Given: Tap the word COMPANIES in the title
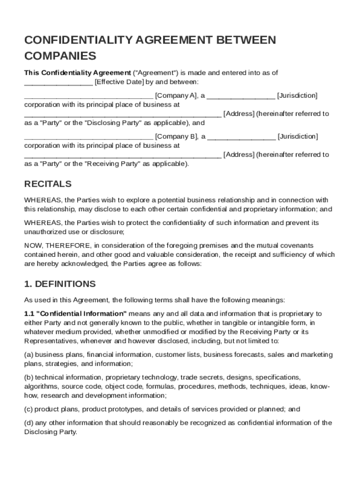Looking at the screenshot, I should point(60,56).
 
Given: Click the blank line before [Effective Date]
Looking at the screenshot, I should point(58,83).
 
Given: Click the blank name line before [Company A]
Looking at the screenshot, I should point(88,96).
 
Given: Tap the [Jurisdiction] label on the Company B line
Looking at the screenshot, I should point(297,137).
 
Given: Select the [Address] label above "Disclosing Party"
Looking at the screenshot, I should point(239,114).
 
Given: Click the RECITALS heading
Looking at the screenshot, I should point(48,184).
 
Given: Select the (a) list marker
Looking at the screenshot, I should point(29,355).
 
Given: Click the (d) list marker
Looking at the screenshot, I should point(29,423).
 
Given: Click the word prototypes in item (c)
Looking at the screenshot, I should point(127,409).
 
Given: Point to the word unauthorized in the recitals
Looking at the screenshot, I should point(47,232).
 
